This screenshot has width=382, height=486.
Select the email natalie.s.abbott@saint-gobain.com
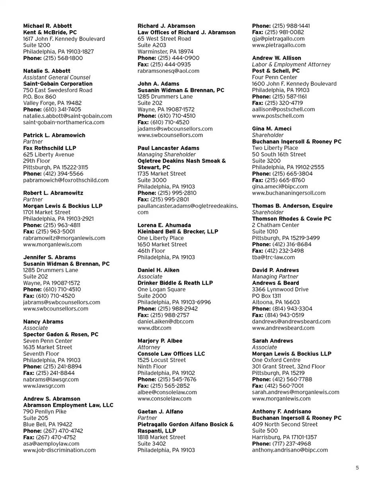[68, 116]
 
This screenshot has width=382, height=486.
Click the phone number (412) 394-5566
[60, 174]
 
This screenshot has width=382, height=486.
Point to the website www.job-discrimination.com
[60, 450]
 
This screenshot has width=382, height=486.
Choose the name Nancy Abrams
[43, 322]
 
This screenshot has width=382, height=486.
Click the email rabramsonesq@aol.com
[168, 71]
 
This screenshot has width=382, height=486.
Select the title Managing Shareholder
[166, 154]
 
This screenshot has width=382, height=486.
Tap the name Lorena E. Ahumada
[164, 225]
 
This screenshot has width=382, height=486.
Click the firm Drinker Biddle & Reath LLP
[175, 283]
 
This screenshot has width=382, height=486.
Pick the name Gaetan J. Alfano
[160, 412]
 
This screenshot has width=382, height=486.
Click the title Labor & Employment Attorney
[291, 64]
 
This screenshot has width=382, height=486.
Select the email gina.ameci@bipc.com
[280, 187]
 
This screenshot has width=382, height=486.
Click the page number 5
[357, 468]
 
